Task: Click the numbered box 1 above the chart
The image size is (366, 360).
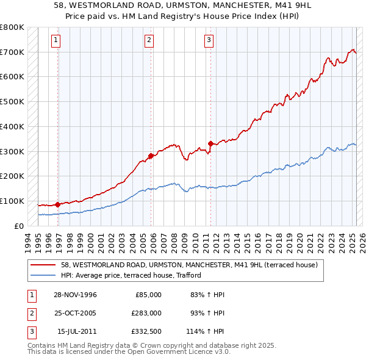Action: coord(56,41)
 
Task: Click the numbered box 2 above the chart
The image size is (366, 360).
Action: coord(149,41)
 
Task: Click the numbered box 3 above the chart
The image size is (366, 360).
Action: coord(209,41)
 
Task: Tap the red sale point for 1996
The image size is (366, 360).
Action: coord(57,204)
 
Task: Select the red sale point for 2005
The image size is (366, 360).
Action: coord(151,156)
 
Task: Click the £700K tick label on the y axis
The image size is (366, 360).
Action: coord(12,52)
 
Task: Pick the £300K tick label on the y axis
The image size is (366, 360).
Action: coord(12,151)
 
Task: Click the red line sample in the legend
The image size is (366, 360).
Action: coord(43,265)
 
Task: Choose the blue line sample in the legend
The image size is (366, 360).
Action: coord(43,275)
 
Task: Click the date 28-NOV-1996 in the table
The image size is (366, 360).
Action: coord(76,295)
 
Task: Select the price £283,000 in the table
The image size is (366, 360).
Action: coord(146,312)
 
